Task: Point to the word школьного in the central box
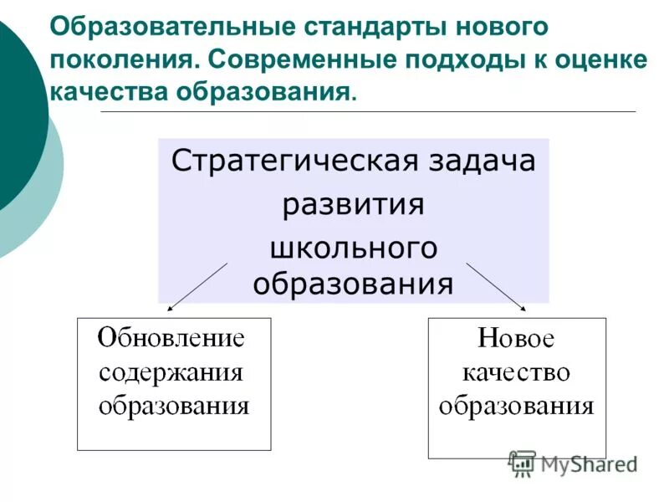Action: pyautogui.click(x=353, y=248)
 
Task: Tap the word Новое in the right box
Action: pyautogui.click(x=516, y=339)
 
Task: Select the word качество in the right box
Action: pyautogui.click(x=516, y=372)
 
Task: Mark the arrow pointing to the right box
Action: pyautogui.click(x=495, y=287)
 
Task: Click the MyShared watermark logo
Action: pyautogui.click(x=572, y=463)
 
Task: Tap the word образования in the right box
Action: pyautogui.click(x=516, y=407)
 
